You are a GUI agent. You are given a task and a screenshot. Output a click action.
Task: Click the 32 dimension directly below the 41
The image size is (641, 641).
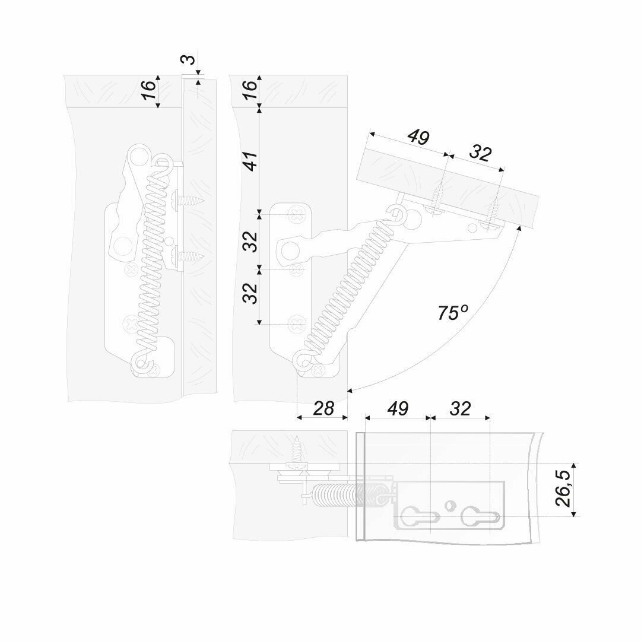click(250, 240)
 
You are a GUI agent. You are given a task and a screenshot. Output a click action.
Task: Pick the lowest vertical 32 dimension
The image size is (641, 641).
click(250, 292)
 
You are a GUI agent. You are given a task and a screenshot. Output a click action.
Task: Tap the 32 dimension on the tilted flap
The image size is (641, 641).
click(480, 153)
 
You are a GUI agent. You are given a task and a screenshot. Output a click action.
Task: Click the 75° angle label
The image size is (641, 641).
click(453, 313)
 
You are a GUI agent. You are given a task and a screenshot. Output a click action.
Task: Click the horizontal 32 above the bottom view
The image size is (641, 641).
click(460, 408)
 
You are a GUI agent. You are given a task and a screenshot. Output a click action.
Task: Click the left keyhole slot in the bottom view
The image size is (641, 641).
click(417, 515)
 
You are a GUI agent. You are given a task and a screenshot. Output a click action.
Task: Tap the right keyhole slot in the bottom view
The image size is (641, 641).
click(478, 515)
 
